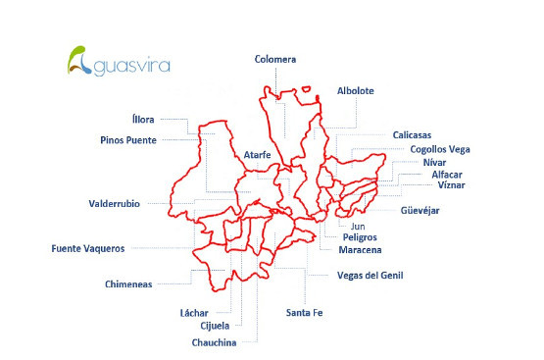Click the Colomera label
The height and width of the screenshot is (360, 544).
(274, 59)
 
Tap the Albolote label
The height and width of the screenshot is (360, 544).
(356, 90)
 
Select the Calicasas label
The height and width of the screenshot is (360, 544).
(412, 134)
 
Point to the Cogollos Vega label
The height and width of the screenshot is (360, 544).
(440, 149)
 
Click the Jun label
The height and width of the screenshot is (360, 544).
(357, 227)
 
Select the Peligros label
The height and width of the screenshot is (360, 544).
(360, 237)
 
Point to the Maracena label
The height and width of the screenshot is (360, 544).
(362, 249)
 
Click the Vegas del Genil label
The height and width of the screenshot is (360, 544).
(370, 275)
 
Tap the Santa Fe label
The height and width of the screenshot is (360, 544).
(304, 312)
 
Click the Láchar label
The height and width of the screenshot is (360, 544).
(195, 312)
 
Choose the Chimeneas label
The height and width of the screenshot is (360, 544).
(128, 283)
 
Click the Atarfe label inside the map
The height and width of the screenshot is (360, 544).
(252, 155)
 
